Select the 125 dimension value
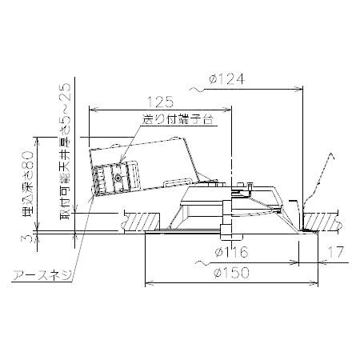point(161,102)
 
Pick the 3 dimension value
point(27,237)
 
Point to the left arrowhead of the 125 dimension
point(90,110)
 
